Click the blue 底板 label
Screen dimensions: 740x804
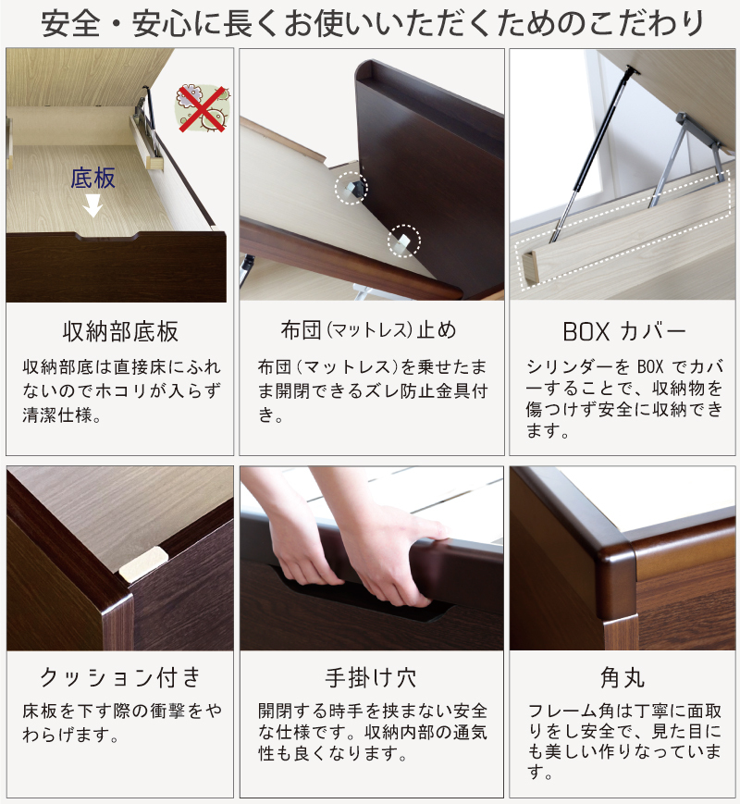[x=93, y=178]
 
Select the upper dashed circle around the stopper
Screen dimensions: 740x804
[x=351, y=188]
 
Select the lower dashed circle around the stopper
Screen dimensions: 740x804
[x=403, y=241]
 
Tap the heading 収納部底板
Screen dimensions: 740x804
[x=120, y=332]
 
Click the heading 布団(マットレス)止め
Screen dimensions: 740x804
[x=369, y=330]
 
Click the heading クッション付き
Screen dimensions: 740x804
[x=120, y=677]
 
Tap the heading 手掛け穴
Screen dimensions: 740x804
[x=371, y=677]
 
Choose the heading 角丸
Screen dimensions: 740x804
[x=623, y=677]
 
